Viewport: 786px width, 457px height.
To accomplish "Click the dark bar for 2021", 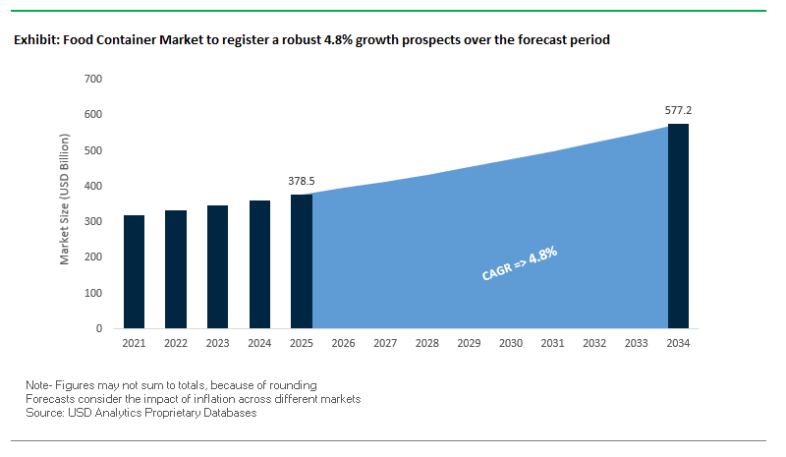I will click(134, 271).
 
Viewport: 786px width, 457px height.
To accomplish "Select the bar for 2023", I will click(217, 266).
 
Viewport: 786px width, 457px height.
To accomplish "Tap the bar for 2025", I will click(302, 260).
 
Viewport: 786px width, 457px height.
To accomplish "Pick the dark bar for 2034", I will click(678, 226).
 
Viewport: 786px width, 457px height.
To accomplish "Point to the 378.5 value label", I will click(302, 181).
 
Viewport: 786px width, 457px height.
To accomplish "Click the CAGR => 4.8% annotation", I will click(520, 263).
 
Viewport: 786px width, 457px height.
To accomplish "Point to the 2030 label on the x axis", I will click(511, 343).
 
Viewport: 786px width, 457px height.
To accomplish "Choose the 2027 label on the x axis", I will click(385, 343).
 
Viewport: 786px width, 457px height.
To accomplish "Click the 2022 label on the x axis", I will click(176, 343).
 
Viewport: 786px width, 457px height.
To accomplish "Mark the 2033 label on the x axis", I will click(637, 343).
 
